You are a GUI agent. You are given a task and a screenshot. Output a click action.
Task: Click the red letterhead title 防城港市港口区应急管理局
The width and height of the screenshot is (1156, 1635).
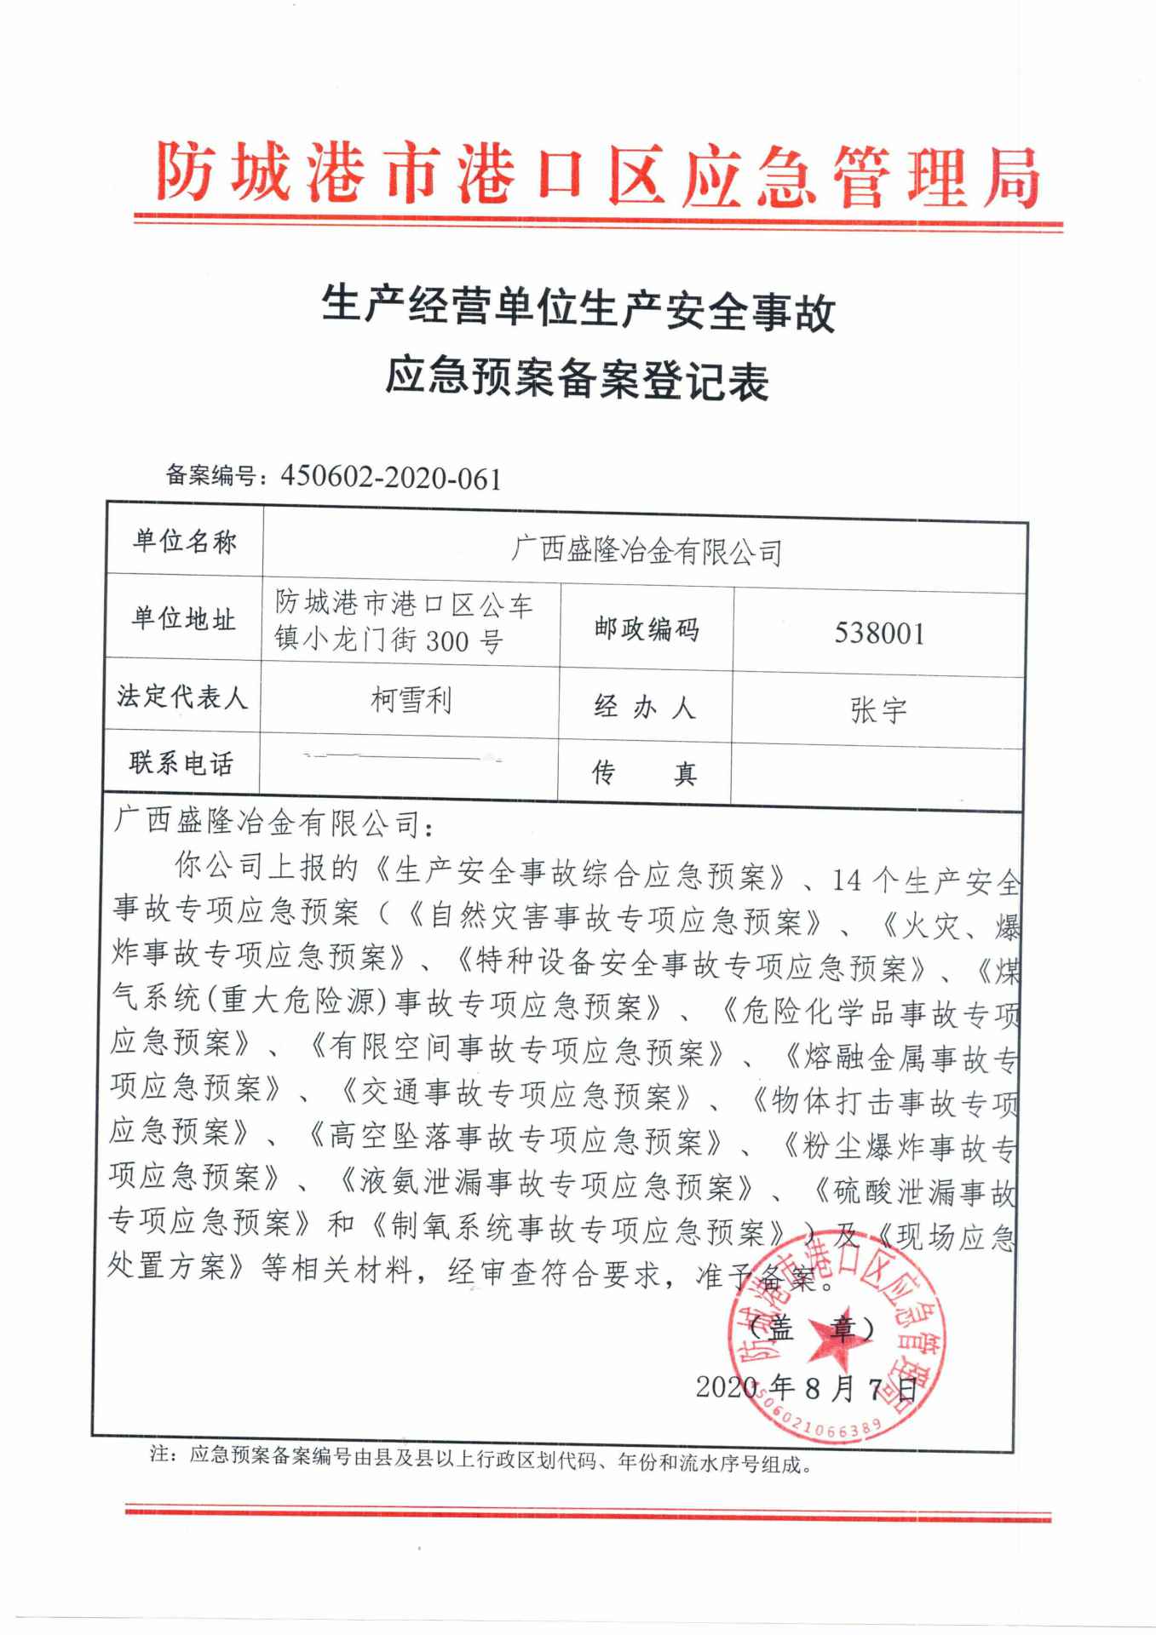597,176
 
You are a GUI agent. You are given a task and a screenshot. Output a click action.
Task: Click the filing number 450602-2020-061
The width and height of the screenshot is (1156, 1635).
391,478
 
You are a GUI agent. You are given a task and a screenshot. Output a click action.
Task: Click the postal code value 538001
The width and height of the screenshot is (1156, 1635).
879,633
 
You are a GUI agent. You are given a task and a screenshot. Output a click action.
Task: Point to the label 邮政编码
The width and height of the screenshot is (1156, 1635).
647,629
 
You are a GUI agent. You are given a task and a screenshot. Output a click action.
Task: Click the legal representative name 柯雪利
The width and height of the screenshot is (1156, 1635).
411,700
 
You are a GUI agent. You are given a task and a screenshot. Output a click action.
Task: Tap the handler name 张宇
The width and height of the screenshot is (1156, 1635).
878,709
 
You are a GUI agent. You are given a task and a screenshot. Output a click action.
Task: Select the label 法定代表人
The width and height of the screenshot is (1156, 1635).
182,697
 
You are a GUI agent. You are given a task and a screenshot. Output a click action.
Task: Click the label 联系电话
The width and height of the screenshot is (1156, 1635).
181,763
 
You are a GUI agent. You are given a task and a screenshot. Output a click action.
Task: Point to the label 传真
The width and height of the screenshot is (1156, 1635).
645,773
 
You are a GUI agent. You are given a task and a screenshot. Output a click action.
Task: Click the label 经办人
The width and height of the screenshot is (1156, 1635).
645,707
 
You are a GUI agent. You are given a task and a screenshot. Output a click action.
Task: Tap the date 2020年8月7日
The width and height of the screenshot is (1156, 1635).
806,1389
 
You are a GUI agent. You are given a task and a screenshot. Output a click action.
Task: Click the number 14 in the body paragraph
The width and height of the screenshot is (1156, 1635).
847,880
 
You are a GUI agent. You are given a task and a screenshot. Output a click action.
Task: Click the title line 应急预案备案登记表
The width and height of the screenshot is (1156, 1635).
578,380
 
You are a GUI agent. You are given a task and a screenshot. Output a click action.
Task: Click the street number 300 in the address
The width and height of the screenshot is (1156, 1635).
446,640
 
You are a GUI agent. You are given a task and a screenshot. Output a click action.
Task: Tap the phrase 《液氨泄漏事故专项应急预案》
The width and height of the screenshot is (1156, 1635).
546,1184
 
